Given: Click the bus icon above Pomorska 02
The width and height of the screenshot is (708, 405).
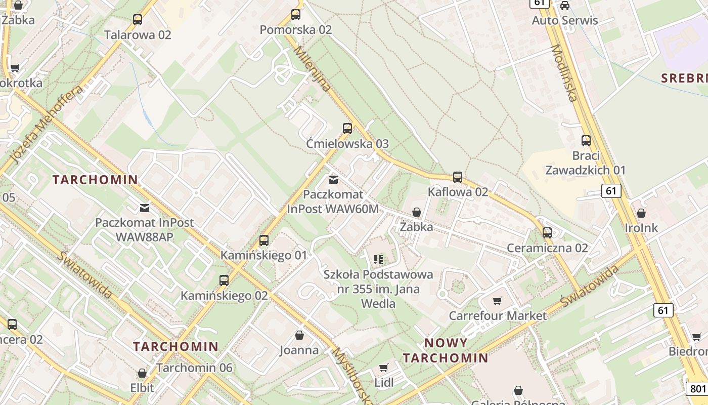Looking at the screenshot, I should click(x=296, y=15).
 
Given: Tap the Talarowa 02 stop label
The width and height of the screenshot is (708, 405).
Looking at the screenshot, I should click(x=138, y=35).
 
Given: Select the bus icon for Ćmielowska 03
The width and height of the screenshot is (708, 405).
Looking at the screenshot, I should click(x=347, y=129).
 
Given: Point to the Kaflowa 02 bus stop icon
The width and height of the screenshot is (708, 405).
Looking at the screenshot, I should click(x=458, y=177).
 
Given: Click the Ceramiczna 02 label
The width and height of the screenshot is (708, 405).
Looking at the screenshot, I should click(x=547, y=248).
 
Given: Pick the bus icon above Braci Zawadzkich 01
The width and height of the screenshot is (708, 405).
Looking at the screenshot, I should click(x=586, y=141).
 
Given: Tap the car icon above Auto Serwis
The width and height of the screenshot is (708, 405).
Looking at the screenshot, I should click(x=565, y=6).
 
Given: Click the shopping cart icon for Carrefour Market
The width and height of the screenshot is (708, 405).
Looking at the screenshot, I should click(x=498, y=301).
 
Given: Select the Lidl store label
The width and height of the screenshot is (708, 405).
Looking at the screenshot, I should click(x=384, y=382).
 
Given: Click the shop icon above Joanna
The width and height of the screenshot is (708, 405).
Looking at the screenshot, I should click(x=299, y=335).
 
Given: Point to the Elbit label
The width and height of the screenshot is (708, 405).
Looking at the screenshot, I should click(x=142, y=388).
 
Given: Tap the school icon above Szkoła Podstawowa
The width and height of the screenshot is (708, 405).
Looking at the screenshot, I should click(x=378, y=260).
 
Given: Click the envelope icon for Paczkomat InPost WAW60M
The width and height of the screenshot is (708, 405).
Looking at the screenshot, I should click(x=333, y=180).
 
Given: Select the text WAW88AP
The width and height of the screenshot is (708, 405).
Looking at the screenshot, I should click(x=145, y=237).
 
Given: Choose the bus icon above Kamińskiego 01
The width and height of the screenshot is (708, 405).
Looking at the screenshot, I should click(x=263, y=240).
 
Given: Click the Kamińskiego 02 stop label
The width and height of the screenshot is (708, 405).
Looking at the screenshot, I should click(x=224, y=296).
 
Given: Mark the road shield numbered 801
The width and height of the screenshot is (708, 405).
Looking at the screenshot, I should click(x=696, y=389).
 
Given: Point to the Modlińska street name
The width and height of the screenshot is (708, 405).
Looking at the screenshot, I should click(x=564, y=73).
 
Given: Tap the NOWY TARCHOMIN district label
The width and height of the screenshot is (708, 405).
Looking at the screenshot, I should click(x=446, y=350).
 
